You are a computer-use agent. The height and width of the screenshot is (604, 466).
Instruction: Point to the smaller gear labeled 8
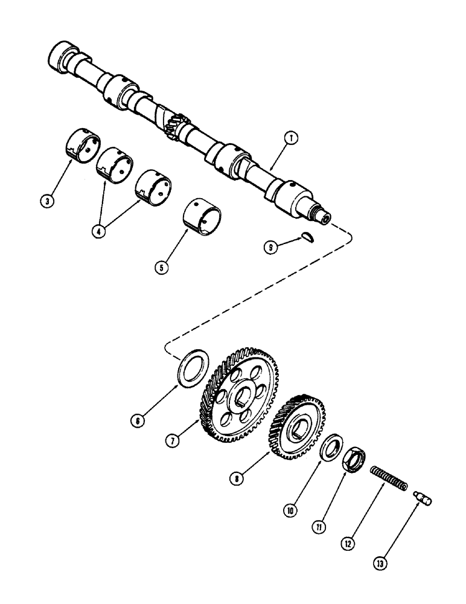coord(299,429)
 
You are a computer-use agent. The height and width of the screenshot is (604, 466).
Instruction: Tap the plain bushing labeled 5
coord(203,214)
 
